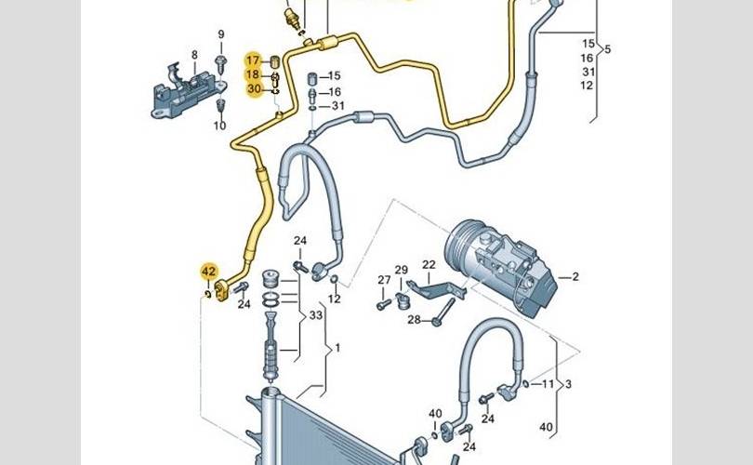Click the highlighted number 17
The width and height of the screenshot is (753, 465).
254,60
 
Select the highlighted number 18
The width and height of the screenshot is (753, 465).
254,74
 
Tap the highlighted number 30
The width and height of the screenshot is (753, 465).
254,88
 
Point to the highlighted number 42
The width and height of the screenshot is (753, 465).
209,272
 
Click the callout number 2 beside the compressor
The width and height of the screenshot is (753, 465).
575,276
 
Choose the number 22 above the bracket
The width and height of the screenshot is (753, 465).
429,264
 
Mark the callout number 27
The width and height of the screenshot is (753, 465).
384,280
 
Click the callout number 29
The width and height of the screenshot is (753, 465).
402,271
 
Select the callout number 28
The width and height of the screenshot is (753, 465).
414,321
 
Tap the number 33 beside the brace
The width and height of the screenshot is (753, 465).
315,315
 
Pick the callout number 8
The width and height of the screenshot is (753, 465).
194,55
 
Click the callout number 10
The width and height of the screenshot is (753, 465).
220,126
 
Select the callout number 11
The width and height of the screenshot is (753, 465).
548,383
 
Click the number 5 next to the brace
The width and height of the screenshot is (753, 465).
607,49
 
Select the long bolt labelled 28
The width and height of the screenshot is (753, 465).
444,312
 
